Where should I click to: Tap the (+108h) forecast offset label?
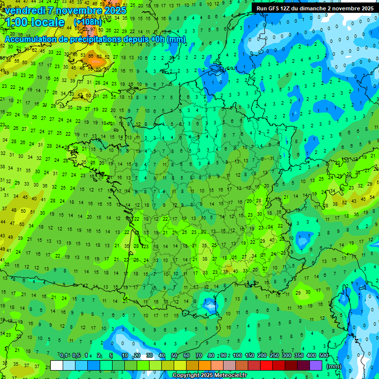(87, 22)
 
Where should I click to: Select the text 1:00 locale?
(35, 22)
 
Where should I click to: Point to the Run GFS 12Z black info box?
(314, 8)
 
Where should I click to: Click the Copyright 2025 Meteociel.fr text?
(216, 376)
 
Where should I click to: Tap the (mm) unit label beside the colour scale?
(334, 366)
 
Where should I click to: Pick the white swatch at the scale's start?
(57, 366)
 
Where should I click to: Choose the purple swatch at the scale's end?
(316, 366)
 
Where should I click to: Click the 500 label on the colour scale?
(324, 355)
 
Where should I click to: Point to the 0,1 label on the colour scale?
(64, 355)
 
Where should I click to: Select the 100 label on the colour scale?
(237, 355)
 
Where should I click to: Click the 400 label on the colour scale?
(311, 355)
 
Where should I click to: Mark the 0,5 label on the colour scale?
(76, 355)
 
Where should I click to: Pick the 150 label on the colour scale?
(250, 355)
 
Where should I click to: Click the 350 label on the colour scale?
(299, 355)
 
